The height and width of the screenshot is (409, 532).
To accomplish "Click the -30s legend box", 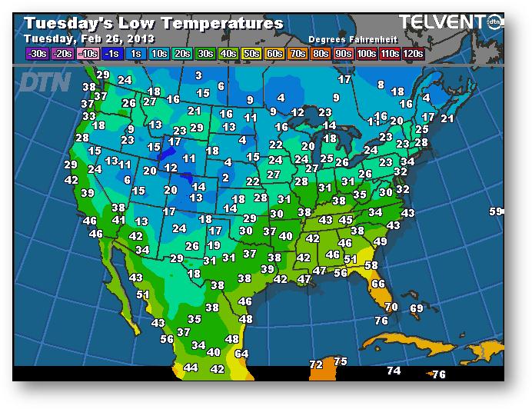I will click(36, 53).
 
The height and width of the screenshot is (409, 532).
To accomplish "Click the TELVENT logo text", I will click(441, 22).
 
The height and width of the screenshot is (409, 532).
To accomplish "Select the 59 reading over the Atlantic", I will click(496, 211).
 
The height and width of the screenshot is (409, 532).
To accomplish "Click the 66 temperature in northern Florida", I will click(377, 284).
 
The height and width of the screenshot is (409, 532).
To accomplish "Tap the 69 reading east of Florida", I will click(416, 308).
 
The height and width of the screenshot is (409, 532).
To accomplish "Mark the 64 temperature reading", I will click(241, 354).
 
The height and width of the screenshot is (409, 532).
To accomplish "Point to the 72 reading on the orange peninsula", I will click(316, 364).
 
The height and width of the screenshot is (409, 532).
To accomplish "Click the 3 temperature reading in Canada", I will click(198, 75).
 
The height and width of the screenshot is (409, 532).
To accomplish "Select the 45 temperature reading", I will click(346, 221).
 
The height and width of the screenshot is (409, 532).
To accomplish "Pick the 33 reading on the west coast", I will click(89, 116).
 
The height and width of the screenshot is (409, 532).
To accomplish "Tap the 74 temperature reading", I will click(394, 371).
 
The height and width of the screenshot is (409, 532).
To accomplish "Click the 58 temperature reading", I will click(371, 265).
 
